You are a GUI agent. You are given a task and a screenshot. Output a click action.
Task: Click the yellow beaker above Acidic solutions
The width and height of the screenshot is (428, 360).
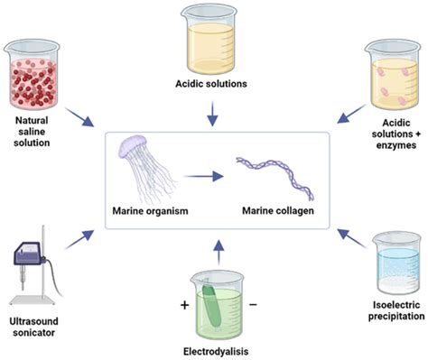pyautogui.click(x=214, y=37)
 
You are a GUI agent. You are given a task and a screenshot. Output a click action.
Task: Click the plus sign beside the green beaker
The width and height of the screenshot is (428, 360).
pyautogui.click(x=185, y=306)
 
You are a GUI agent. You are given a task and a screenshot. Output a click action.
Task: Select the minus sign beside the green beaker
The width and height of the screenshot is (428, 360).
pyautogui.click(x=253, y=306)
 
